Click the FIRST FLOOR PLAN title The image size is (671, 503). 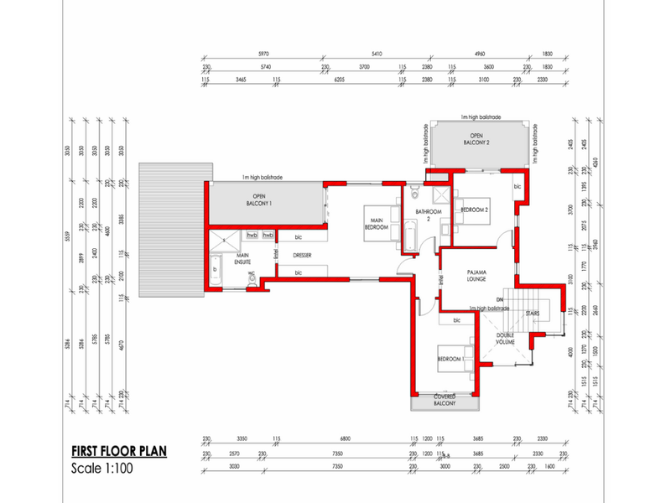click(x=118, y=451)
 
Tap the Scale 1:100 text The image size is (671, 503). click(x=102, y=469)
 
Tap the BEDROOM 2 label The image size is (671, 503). click(x=475, y=210)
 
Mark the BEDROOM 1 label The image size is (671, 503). click(x=450, y=359)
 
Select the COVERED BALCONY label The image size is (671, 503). click(x=445, y=400)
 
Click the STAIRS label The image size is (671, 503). click(x=532, y=314)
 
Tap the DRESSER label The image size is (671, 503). click(x=303, y=255)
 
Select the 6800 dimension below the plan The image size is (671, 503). click(x=345, y=438)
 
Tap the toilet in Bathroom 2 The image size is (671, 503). click(x=426, y=243)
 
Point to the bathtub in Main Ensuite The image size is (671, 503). click(x=215, y=271)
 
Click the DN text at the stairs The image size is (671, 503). click(x=499, y=299)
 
